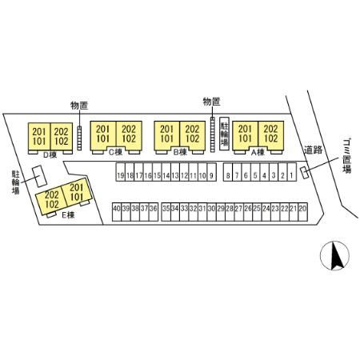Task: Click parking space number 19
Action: click(x=121, y=173)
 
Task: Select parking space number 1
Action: click(x=292, y=173)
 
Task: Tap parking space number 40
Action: click(x=117, y=212)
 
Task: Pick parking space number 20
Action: click(x=302, y=212)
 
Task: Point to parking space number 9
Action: click(x=211, y=173)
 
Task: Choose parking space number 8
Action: click(x=228, y=173)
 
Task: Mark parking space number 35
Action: click(x=166, y=212)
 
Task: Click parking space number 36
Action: click(x=154, y=212)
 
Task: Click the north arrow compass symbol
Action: click(x=334, y=256)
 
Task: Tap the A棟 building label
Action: click(x=258, y=152)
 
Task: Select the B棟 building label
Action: click(x=180, y=152)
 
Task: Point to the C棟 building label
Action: click(x=115, y=152)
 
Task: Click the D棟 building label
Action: click(x=50, y=155)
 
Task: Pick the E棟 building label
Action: click(x=68, y=215)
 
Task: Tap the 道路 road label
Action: click(x=313, y=150)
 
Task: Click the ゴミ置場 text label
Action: click(x=346, y=156)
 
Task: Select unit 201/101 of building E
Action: click(x=77, y=192)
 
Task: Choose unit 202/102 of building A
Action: click(x=270, y=136)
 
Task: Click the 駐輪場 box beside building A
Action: click(x=224, y=134)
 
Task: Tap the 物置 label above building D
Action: click(x=79, y=106)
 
